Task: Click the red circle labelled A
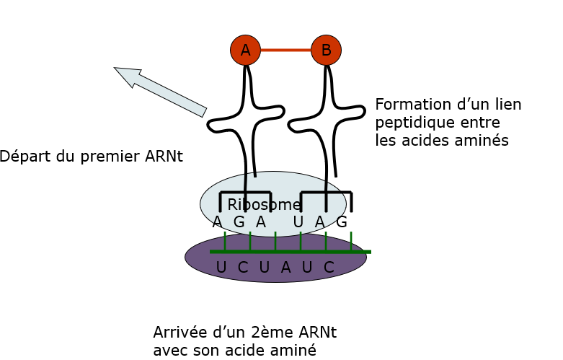pos(245,50)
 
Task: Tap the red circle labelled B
pos(327,50)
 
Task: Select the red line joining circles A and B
pos(285,50)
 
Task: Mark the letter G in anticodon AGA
pos(239,222)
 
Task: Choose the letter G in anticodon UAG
pos(342,222)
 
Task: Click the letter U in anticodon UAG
pos(298,222)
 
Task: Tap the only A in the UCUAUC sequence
pos(285,268)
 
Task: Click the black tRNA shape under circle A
pos(247,123)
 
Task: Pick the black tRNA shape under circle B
pos(327,123)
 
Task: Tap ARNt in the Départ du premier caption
pos(163,156)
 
